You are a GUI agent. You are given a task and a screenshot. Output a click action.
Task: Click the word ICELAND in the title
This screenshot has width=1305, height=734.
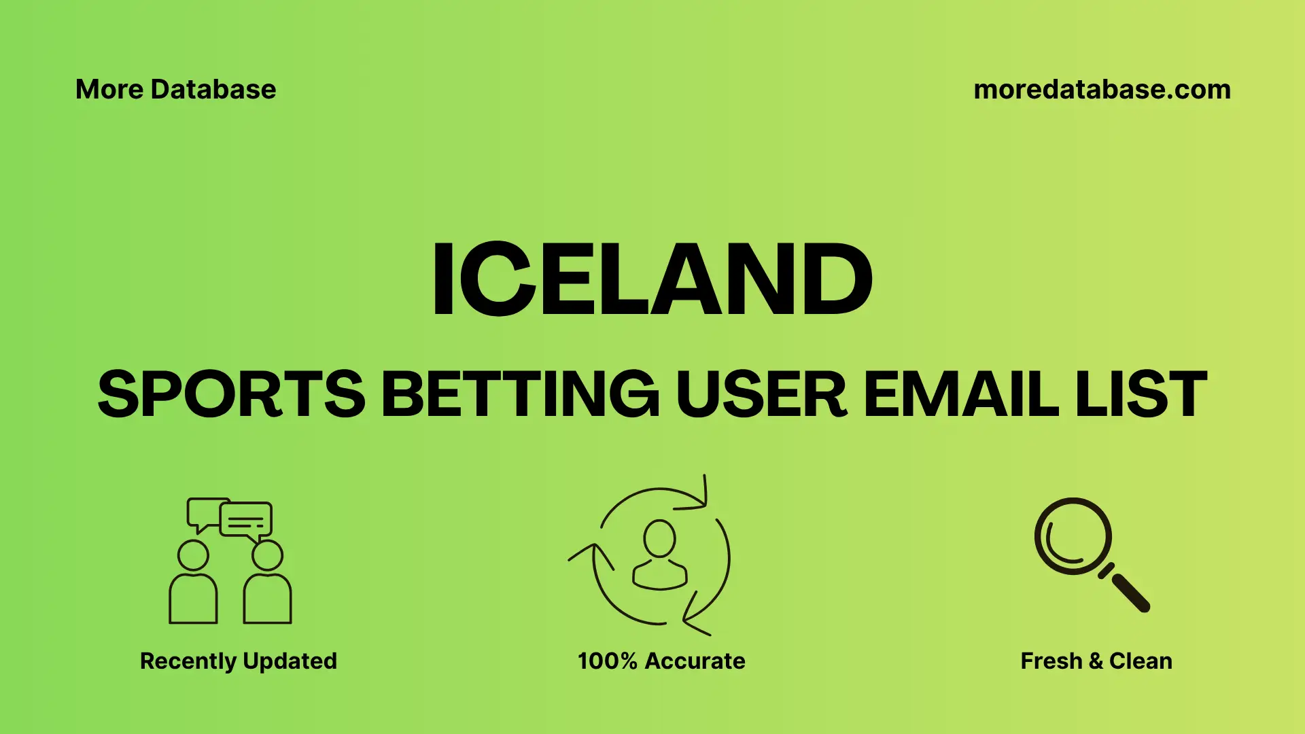point(652,279)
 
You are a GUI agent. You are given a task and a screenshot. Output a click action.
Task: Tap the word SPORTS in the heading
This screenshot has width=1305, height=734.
point(231,394)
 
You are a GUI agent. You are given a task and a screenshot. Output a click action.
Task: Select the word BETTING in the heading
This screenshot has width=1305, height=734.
point(520,394)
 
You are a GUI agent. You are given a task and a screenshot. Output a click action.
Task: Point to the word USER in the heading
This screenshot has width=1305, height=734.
point(761,394)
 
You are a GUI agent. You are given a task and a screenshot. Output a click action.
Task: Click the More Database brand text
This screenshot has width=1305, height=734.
point(175,89)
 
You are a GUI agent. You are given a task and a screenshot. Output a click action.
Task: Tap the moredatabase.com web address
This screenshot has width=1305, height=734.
point(1102,89)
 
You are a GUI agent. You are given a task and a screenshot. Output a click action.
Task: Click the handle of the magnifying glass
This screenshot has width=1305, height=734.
point(1130,592)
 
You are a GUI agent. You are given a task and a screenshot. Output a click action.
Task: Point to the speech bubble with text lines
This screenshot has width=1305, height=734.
point(246,520)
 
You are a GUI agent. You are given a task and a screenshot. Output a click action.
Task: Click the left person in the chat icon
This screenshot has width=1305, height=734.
point(193,584)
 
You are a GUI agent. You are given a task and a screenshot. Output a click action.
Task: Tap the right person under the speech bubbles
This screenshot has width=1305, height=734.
point(267,584)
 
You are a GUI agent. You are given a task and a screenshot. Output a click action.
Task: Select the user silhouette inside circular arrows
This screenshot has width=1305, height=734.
point(659,556)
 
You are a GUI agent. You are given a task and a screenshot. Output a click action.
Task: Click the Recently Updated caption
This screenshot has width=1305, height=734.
point(238,661)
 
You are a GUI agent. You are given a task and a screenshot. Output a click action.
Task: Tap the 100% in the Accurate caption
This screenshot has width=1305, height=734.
point(607,661)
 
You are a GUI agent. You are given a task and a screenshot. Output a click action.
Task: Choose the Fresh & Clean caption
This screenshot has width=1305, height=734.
point(1096,661)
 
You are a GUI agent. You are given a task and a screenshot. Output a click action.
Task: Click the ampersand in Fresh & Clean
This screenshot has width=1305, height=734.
point(1095,661)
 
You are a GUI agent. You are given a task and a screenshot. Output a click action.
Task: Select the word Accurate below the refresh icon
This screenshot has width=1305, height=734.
point(695,661)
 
